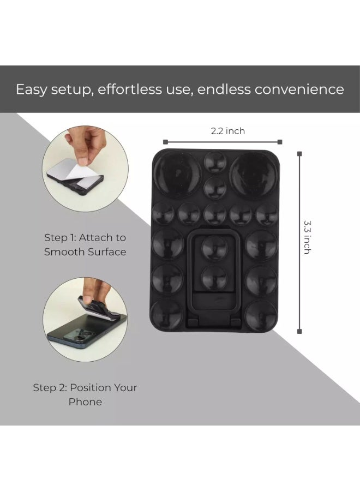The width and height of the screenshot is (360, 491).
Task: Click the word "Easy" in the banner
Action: click(31, 89)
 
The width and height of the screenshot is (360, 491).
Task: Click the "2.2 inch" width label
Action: click(227, 131)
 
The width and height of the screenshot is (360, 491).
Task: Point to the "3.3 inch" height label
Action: click(307, 237)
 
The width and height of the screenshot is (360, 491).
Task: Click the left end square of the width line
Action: click(163, 142)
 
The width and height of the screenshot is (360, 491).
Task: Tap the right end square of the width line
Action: click(280, 142)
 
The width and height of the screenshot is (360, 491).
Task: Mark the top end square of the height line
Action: click(299, 154)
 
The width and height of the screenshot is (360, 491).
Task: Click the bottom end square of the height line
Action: click(299, 331)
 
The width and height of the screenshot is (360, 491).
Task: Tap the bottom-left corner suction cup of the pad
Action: click(167, 313)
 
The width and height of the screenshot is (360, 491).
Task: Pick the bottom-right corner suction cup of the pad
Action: click(261, 313)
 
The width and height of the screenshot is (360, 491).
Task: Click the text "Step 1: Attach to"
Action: click(85, 238)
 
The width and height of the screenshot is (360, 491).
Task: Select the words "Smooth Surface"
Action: click(85, 252)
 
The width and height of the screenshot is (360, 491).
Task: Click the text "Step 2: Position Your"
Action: click(85, 388)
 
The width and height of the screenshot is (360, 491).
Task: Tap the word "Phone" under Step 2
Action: click(85, 402)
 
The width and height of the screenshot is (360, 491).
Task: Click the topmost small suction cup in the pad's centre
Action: click(215, 162)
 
